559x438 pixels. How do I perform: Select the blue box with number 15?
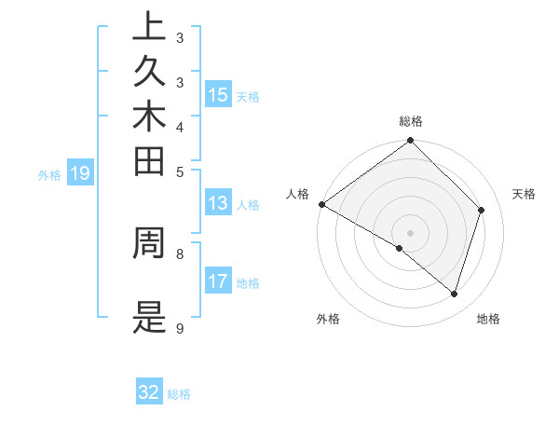[x=218, y=95]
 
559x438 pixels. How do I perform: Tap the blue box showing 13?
[x=218, y=204]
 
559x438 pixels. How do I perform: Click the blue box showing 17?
[x=218, y=282]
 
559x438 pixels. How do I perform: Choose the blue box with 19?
[x=80, y=172]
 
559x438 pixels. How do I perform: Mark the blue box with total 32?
[x=149, y=392]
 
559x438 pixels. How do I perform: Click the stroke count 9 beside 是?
[x=179, y=329]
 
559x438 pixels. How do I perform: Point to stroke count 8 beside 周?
[x=179, y=252]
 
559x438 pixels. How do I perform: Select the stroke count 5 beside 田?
[x=179, y=171]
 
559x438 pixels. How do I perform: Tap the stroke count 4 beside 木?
[x=179, y=127]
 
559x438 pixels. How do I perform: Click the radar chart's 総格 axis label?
[x=411, y=121]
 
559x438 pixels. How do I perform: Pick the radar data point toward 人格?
[x=321, y=204]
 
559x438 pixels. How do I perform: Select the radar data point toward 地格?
[x=455, y=294]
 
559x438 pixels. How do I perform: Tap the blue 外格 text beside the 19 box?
[x=49, y=173]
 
